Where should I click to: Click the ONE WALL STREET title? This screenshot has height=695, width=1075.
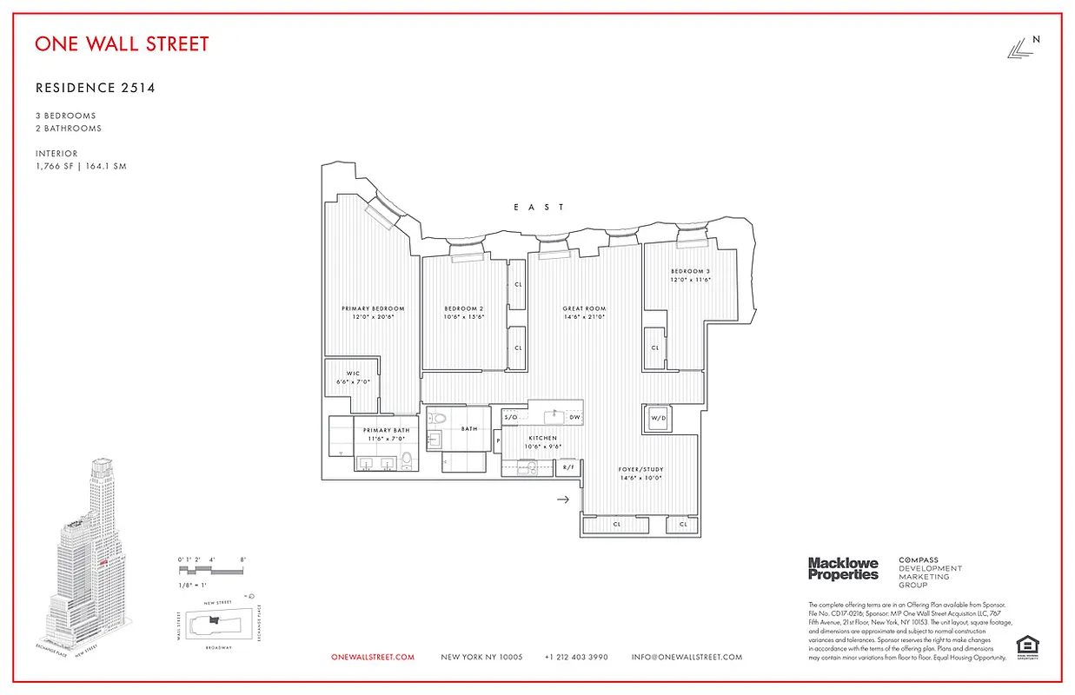pyautogui.click(x=122, y=43)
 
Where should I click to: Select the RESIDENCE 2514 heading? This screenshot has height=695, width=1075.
pyautogui.click(x=96, y=88)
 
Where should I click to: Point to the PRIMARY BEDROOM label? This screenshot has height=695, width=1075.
pyautogui.click(x=373, y=309)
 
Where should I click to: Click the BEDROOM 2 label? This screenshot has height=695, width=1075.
pyautogui.click(x=463, y=309)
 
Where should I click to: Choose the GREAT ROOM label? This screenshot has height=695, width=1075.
pyautogui.click(x=584, y=309)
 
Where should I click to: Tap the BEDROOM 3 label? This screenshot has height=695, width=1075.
pyautogui.click(x=691, y=272)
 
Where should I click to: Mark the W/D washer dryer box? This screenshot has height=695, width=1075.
pyautogui.click(x=659, y=419)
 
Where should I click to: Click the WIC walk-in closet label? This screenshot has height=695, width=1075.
pyautogui.click(x=353, y=374)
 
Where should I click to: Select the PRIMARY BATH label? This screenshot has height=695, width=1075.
pyautogui.click(x=386, y=431)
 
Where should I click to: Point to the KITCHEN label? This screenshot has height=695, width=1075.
pyautogui.click(x=543, y=439)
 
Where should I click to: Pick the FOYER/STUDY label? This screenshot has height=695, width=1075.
pyautogui.click(x=641, y=468)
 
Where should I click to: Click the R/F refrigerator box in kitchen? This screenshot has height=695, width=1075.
pyautogui.click(x=568, y=468)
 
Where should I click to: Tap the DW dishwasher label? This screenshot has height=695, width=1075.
pyautogui.click(x=574, y=418)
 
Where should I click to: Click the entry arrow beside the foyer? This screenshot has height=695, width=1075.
pyautogui.click(x=562, y=500)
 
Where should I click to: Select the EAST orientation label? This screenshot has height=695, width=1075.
pyautogui.click(x=539, y=207)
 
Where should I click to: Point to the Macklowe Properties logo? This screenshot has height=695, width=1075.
pyautogui.click(x=843, y=569)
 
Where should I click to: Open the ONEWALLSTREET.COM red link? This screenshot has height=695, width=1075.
pyautogui.click(x=373, y=658)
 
